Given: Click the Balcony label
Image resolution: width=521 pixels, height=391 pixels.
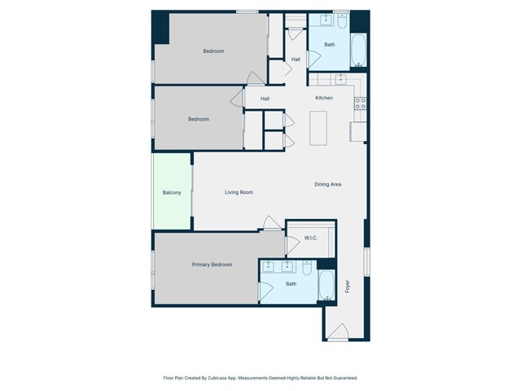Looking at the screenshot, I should pos(171,192).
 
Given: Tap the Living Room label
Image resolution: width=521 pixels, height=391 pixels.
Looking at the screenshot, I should pos(239,192).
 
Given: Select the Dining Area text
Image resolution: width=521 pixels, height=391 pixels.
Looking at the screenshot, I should pos(327,184).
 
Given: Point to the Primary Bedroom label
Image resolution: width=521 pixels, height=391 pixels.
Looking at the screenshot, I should pos(212,265).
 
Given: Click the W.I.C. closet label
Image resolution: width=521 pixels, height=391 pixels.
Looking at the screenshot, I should pos(310,238).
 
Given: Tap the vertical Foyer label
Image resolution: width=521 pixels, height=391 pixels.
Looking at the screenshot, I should pos(347,287).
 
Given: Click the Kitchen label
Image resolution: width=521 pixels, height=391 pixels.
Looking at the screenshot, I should pos(324,99).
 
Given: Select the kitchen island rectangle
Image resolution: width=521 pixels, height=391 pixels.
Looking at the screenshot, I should pos(317,127).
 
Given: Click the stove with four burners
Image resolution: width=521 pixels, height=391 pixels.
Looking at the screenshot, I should pos(359,103).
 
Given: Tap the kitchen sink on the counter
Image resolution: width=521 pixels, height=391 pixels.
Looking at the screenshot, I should pos(340,80).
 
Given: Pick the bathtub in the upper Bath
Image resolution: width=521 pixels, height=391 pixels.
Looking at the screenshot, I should pos(359,51).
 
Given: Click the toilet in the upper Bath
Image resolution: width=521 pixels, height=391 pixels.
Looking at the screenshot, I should pos(342,19).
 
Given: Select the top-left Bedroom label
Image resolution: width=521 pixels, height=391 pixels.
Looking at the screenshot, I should pos(213,51).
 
